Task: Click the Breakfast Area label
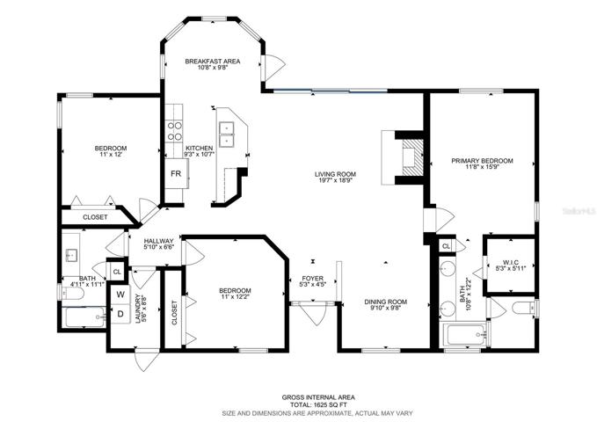click(x=213, y=61)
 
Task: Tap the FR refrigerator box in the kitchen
click(x=176, y=174)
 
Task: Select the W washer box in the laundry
click(x=120, y=294)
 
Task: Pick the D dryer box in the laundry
click(x=120, y=314)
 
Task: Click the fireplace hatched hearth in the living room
click(x=412, y=157)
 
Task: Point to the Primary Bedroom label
click(x=482, y=161)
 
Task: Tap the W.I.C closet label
click(x=511, y=262)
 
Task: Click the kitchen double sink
click(x=227, y=135)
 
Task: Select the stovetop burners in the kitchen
click(x=174, y=131)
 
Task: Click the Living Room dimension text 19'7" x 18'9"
click(x=335, y=180)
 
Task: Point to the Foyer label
click(x=313, y=279)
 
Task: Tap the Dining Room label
click(x=386, y=302)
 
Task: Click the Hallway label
click(x=159, y=241)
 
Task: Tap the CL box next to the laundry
click(x=117, y=272)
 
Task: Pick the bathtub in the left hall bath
click(x=85, y=316)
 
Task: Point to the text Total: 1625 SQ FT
click(x=318, y=405)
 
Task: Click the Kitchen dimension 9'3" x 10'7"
click(x=200, y=154)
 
